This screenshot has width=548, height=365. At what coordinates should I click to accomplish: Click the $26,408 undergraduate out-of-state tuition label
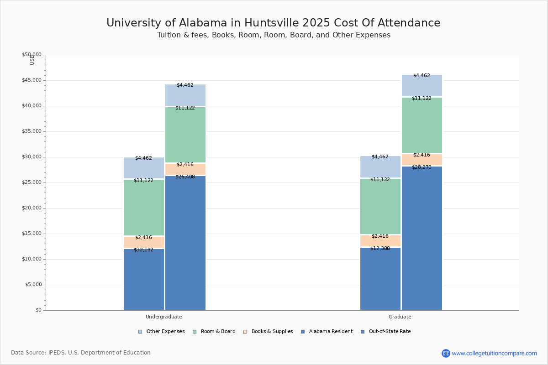[185, 177]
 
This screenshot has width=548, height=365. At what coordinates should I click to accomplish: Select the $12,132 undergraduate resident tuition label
[143, 250]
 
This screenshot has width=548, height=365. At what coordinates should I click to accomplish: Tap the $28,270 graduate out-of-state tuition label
[421, 167]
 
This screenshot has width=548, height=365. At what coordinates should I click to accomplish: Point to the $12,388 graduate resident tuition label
[380, 248]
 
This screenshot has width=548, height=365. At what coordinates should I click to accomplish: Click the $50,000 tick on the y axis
[32, 55]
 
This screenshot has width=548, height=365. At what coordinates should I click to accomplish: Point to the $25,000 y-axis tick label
[32, 182]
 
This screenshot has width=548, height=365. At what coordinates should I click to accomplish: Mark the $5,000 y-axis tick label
[33, 285]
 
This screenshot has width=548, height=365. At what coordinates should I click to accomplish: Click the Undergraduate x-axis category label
[163, 317]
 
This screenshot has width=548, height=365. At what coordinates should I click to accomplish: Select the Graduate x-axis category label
[400, 317]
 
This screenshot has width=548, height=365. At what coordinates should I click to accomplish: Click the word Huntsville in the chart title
[272, 23]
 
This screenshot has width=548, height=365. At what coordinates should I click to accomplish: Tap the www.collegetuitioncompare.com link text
[494, 353]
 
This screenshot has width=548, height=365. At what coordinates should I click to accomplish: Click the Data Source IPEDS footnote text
[80, 353]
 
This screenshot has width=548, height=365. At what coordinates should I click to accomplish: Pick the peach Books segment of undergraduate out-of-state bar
[185, 170]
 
